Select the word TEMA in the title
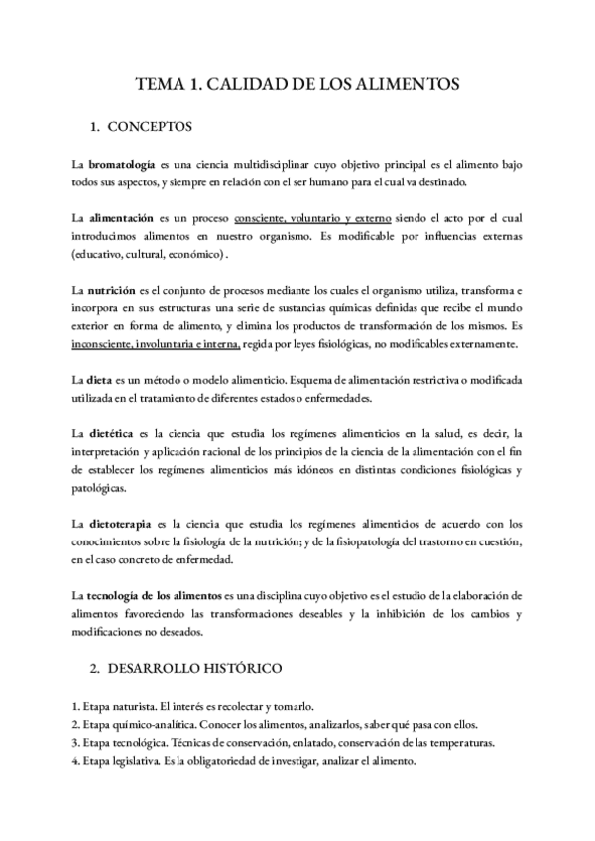[x=156, y=85]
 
